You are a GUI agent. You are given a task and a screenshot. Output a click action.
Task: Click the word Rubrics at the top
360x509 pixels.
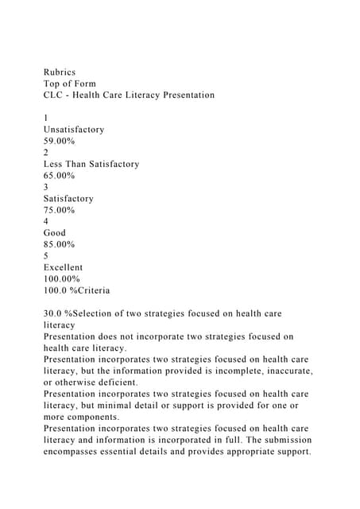coord(59,72)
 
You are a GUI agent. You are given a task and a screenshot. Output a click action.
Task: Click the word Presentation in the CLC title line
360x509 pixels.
coord(182,95)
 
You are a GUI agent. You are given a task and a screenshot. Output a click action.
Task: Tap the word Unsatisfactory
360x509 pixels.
coord(74,129)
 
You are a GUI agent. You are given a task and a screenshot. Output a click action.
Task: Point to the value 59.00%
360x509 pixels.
coord(60,141)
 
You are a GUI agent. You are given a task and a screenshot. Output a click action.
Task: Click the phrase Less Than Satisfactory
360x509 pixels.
coord(91,164)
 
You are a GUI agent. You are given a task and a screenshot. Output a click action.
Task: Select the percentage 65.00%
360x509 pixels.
coord(60,175)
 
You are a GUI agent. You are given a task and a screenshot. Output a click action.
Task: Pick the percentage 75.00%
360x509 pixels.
coord(60,210)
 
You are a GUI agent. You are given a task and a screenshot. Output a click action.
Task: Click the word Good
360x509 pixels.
coord(55,233)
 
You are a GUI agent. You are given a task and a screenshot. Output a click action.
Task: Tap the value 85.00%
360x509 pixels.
coord(60,245)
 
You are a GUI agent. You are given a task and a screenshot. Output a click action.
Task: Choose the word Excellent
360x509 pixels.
coord(63,268)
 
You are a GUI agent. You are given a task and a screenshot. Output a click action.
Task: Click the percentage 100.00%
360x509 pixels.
coord(62,279)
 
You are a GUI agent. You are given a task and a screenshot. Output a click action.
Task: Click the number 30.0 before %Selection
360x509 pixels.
coord(53,314)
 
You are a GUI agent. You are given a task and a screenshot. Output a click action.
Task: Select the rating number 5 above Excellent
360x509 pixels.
coord(46,256)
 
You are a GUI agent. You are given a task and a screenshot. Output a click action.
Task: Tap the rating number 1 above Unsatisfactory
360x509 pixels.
coord(46,118)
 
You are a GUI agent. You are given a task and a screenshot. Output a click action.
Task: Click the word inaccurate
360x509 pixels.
coord(285,371)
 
